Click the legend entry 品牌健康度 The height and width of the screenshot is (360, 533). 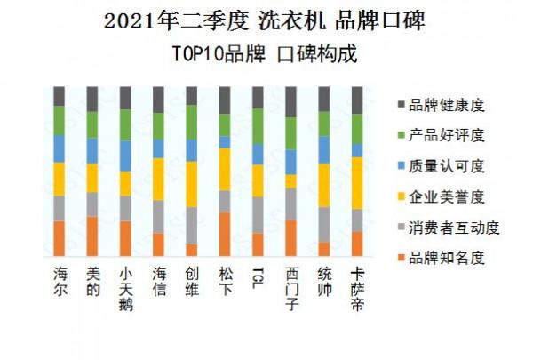point(445,106)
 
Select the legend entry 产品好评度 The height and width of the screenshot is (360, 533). point(445,136)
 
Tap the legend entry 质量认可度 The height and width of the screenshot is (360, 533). point(445,166)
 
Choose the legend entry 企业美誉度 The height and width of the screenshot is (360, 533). point(445,196)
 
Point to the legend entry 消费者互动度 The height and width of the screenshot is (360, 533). point(451,228)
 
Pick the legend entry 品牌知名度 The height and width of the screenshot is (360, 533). point(445,258)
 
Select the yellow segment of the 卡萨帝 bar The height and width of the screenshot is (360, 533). point(357,182)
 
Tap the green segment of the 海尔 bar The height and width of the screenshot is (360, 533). point(60,120)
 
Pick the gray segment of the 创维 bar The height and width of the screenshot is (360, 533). point(192,225)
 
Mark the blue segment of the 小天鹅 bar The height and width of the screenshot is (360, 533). point(125,155)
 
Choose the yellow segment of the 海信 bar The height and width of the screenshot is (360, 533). point(159,179)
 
